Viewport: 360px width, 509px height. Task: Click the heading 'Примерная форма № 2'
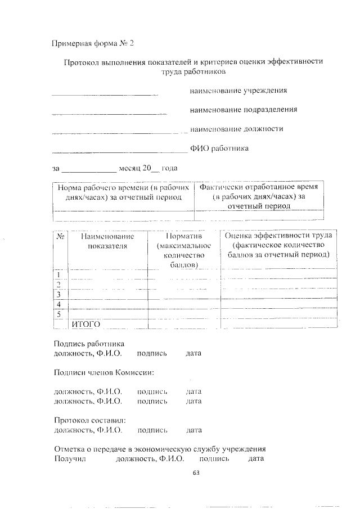93,43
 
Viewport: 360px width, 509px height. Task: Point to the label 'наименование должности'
236,128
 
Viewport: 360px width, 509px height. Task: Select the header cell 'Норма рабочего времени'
123,192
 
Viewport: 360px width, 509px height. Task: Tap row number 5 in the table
58,313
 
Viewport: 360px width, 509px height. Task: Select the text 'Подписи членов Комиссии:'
103,372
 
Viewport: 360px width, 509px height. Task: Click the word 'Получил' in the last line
69,459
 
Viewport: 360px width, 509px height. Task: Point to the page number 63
196,473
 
